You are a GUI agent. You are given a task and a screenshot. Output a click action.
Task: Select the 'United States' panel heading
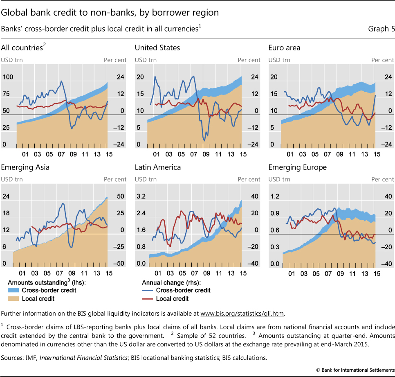[x=157, y=48]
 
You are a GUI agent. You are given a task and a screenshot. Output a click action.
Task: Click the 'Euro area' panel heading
[x=284, y=48]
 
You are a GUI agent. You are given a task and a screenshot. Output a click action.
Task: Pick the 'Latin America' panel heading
[x=158, y=167]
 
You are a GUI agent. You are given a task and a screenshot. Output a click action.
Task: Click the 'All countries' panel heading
[x=22, y=48]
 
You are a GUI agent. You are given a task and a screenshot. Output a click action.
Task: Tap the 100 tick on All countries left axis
[x=8, y=77]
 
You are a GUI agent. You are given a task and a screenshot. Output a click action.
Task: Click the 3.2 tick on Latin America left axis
[x=141, y=196]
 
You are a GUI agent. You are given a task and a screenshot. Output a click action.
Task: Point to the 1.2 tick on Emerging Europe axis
[x=274, y=196]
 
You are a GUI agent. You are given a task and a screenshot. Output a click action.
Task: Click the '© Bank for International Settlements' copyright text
[x=356, y=370]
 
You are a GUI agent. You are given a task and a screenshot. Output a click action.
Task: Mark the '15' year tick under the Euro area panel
[x=377, y=154]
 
